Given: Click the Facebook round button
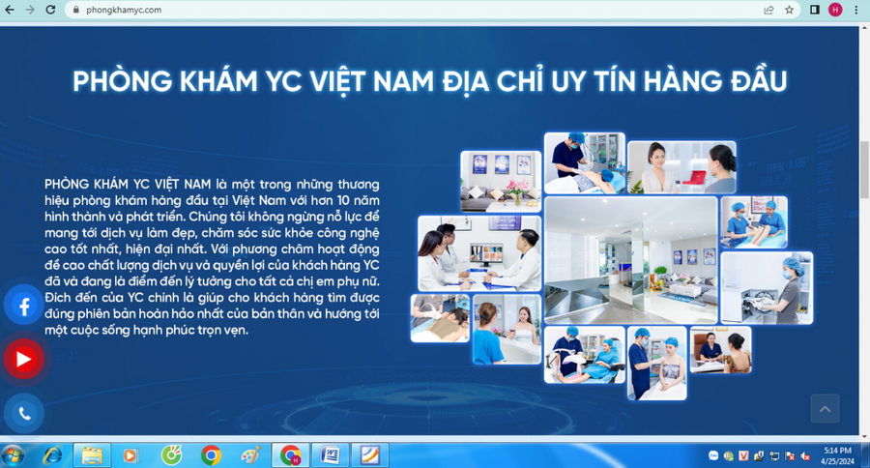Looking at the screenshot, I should pyautogui.click(x=23, y=307).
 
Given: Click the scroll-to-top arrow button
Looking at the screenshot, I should pyautogui.click(x=825, y=410).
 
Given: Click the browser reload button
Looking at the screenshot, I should pyautogui.click(x=51, y=10).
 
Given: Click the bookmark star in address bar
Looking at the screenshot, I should pyautogui.click(x=789, y=10).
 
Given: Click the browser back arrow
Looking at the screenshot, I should pyautogui.click(x=10, y=10).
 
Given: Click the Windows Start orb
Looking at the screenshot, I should pyautogui.click(x=14, y=454).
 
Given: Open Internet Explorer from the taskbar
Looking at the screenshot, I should pyautogui.click(x=52, y=454).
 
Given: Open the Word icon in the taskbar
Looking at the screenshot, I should pyautogui.click(x=330, y=454).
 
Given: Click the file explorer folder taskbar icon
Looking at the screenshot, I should pyautogui.click(x=92, y=454).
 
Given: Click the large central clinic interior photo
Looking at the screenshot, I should pyautogui.click(x=630, y=259).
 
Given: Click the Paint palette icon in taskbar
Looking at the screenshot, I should pyautogui.click(x=249, y=454).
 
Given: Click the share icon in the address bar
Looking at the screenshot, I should pyautogui.click(x=768, y=10).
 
